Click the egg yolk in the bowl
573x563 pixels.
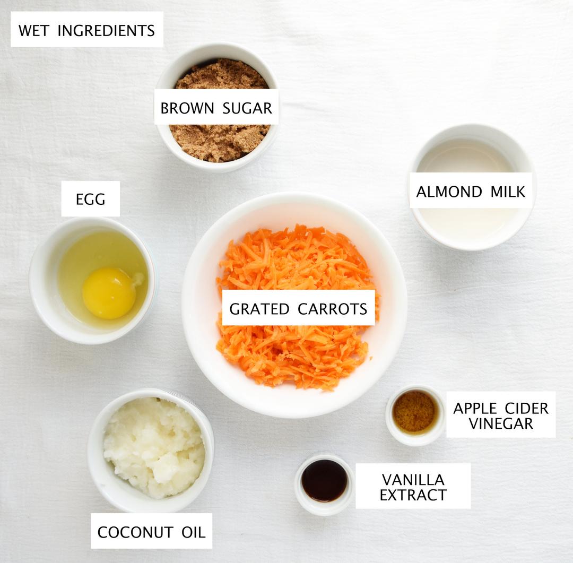[x=109, y=293]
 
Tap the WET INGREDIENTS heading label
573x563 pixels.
[x=87, y=30]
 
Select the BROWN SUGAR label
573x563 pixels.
[x=216, y=108]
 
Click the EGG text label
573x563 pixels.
[x=91, y=199]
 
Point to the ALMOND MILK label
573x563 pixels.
[x=471, y=191]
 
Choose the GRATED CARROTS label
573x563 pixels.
[x=298, y=308]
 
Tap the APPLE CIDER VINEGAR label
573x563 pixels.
[x=500, y=415]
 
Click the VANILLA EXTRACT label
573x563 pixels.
[x=413, y=487]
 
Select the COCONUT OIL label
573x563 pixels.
[x=151, y=532]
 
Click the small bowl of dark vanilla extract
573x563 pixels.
[x=324, y=480]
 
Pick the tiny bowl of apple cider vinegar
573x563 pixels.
[x=414, y=412]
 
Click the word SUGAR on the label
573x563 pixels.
[x=248, y=108]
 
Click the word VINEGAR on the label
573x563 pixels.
[x=500, y=423]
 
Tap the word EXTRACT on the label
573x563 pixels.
[x=413, y=495]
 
